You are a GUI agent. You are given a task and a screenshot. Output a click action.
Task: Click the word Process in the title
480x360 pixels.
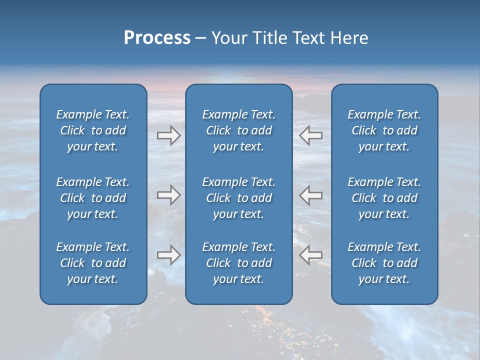click(157, 38)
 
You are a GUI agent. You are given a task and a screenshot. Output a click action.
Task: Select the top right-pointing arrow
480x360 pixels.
click(168, 135)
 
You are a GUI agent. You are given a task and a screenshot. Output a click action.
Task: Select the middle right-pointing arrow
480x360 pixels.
click(168, 195)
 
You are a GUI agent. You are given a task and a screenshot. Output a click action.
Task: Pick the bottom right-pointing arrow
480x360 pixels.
click(168, 255)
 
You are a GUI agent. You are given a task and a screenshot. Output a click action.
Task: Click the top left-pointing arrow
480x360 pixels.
click(311, 135)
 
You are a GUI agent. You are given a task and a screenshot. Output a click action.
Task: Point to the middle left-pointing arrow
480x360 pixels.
click(311, 195)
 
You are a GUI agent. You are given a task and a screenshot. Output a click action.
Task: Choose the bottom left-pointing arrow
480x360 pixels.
click(311, 255)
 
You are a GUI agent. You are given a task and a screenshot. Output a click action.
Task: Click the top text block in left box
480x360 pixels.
click(93, 130)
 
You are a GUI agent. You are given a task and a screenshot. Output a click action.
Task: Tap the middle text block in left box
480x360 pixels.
click(93, 198)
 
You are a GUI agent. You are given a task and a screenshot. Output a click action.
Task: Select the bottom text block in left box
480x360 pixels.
click(93, 263)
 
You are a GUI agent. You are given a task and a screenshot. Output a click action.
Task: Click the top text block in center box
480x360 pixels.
click(238, 130)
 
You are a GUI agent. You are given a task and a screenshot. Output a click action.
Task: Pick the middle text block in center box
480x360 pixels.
click(238, 198)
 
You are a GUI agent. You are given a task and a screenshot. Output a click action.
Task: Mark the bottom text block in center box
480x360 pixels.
click(238, 263)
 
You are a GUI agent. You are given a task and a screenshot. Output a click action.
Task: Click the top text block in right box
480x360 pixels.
click(384, 130)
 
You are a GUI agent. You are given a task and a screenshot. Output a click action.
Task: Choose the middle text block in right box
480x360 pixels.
click(384, 198)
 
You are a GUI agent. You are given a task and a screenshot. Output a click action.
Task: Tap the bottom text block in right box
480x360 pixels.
click(384, 263)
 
